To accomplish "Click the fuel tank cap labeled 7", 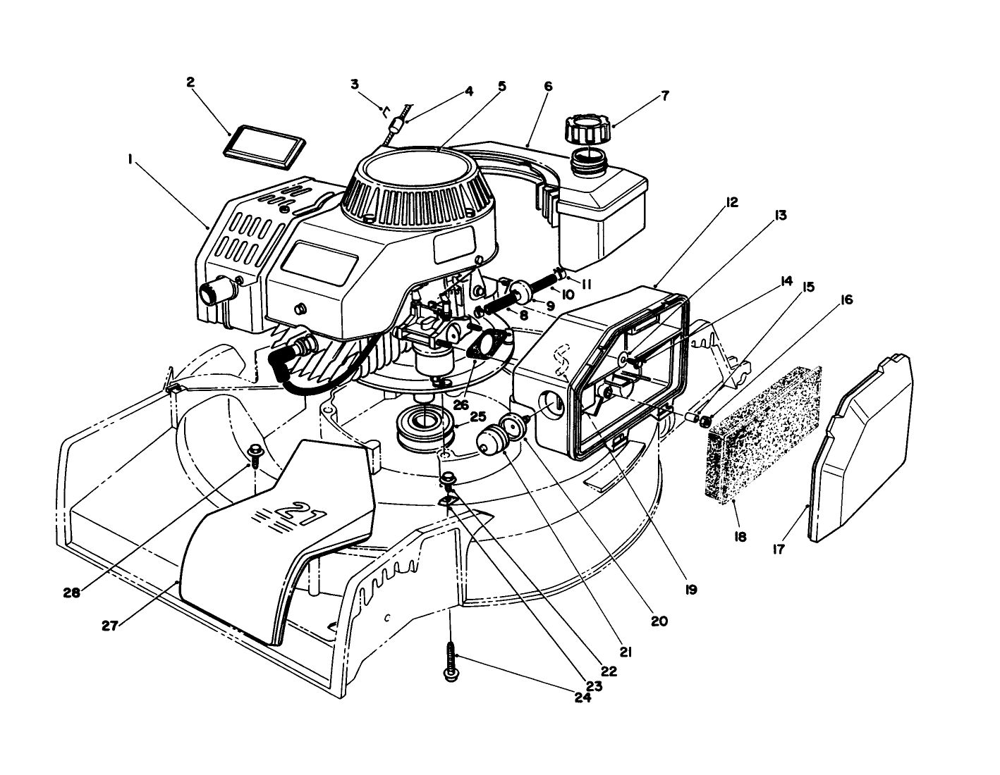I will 587,131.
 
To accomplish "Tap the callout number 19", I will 691,589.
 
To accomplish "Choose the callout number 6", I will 548,87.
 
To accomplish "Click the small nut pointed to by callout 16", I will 703,421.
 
